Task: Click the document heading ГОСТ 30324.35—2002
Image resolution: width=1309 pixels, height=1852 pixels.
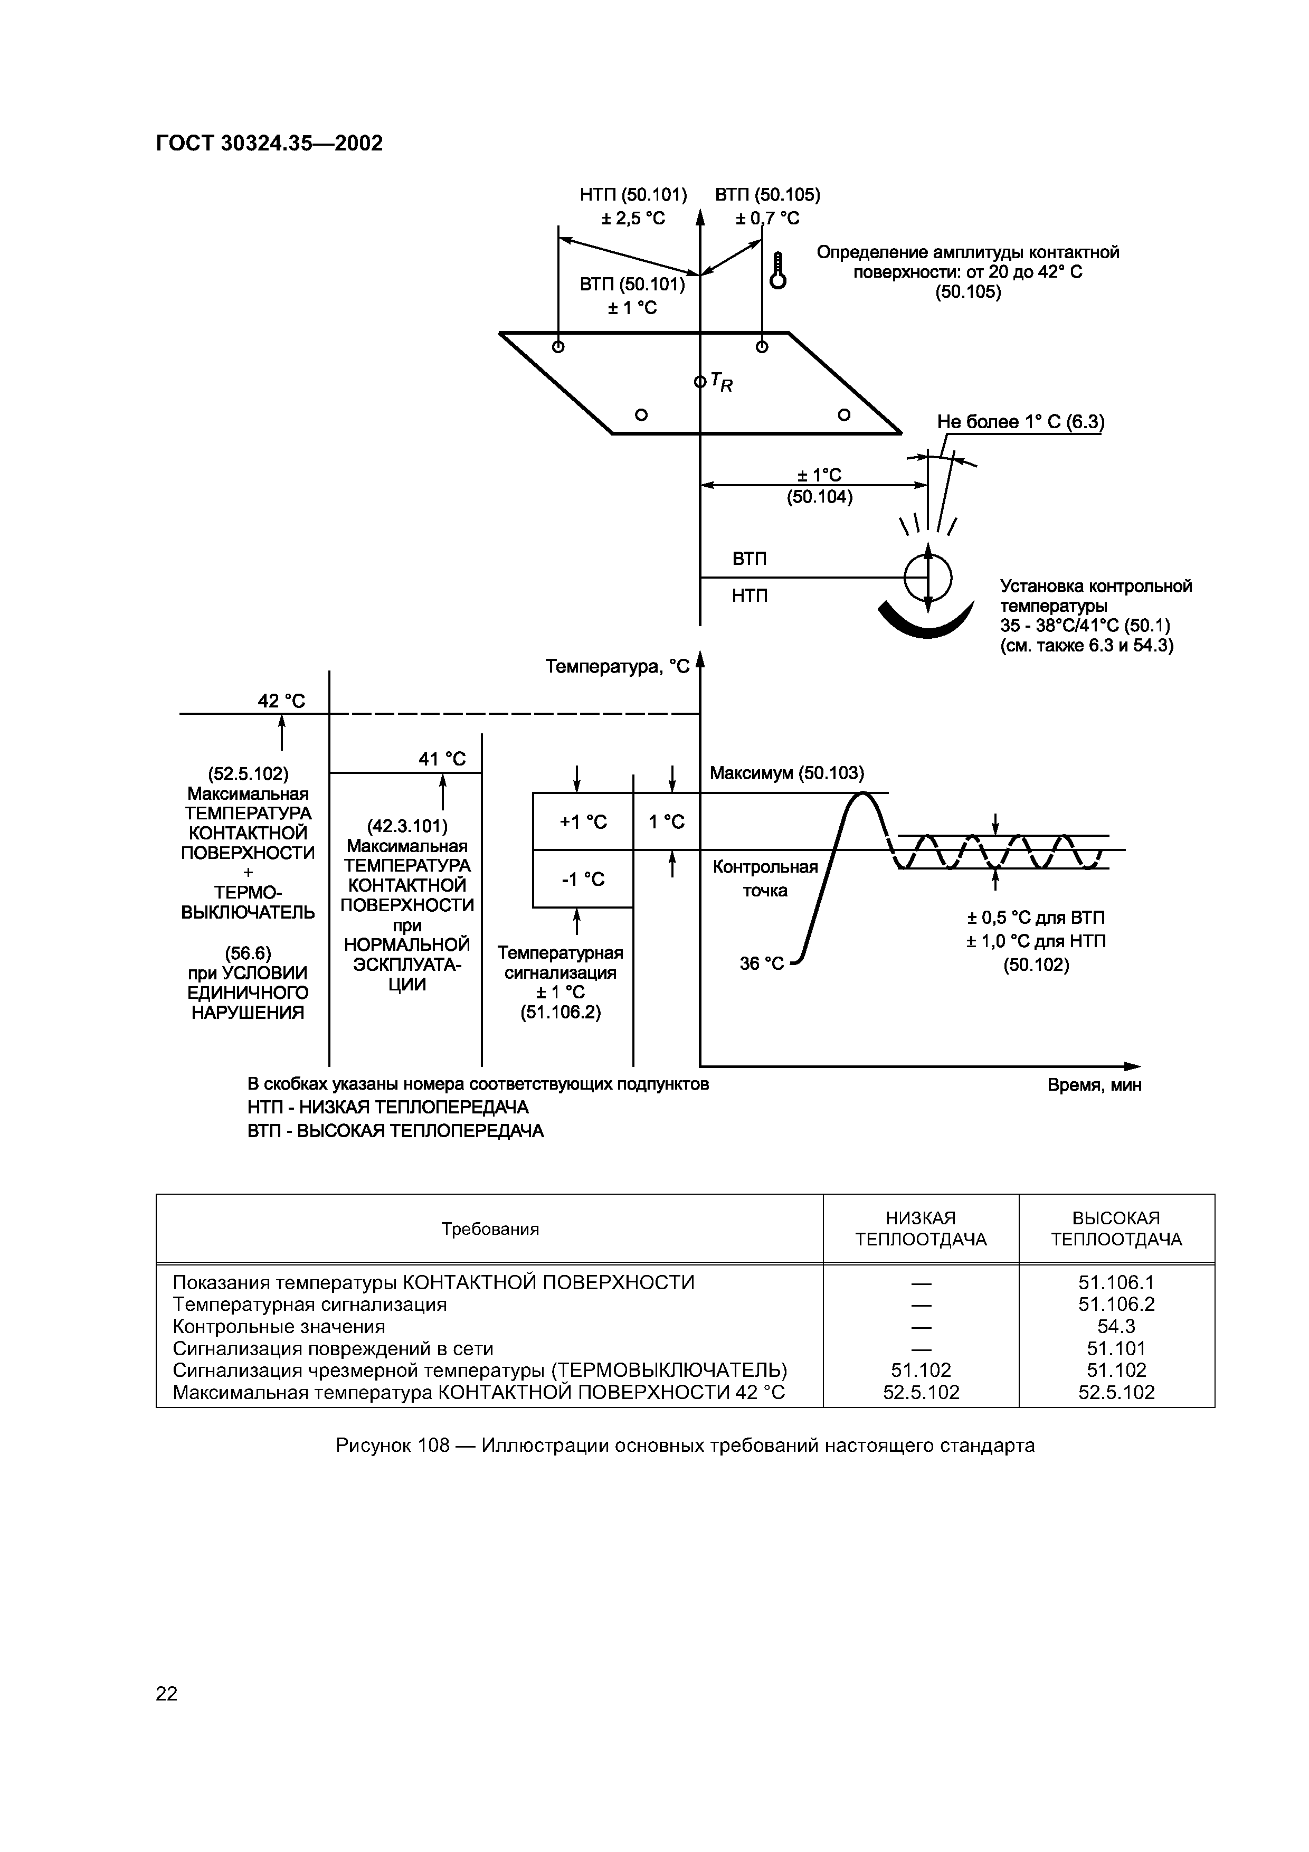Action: pos(269,144)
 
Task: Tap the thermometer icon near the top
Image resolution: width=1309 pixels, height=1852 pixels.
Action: pos(777,270)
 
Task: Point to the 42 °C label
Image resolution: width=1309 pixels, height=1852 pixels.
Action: pos(281,701)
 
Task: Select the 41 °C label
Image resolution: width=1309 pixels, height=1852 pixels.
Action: pos(442,759)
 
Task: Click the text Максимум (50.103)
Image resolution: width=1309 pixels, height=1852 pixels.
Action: pos(786,773)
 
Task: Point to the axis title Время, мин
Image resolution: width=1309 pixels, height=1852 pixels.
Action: pos(1094,1085)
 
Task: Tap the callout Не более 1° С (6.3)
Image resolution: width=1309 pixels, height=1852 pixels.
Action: pos(1020,422)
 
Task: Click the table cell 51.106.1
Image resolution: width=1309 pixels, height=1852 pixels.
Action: pos(1116,1282)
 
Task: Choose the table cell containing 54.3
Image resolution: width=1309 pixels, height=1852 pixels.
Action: pos(1116,1326)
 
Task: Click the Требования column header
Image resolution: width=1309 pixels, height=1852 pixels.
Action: pos(490,1229)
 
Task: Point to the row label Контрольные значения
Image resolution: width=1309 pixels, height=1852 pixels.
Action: pos(279,1326)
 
